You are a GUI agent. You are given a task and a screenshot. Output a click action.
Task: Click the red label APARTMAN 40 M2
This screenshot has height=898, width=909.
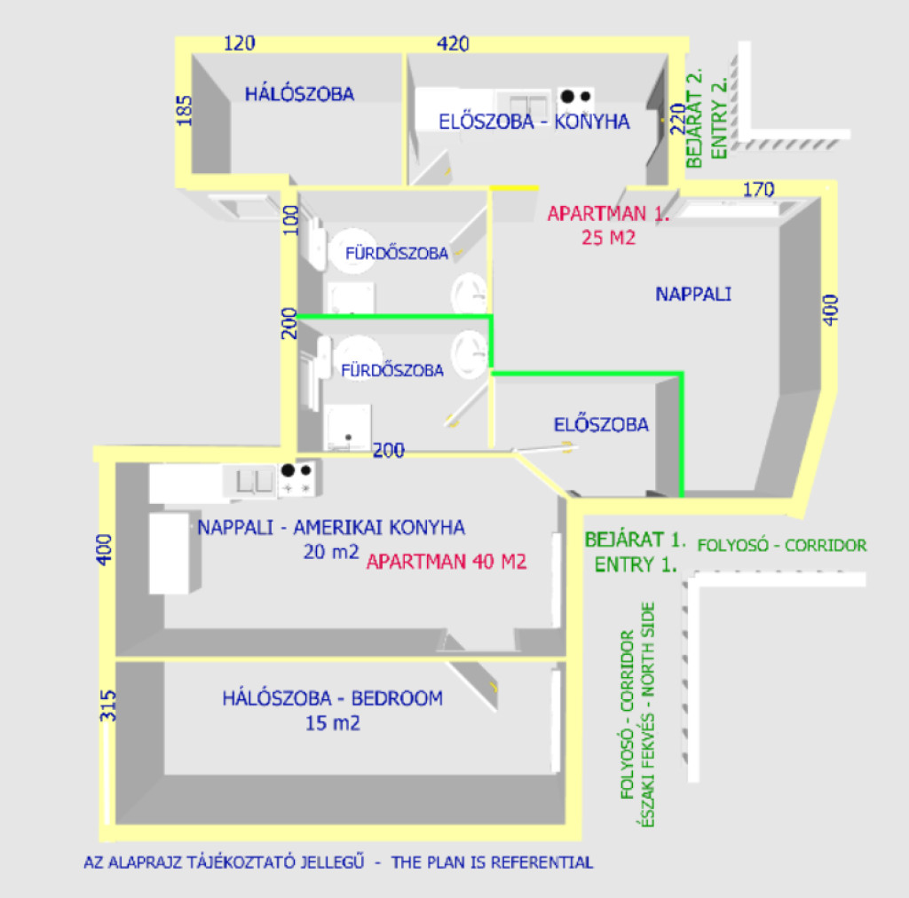447,562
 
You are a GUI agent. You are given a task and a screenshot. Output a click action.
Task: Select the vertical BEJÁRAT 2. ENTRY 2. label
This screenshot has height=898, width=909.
707,119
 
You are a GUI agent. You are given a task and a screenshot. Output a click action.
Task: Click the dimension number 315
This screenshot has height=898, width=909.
108,706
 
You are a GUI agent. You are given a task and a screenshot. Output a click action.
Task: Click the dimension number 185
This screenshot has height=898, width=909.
185,111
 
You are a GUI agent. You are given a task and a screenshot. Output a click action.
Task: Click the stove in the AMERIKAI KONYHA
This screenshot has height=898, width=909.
297,479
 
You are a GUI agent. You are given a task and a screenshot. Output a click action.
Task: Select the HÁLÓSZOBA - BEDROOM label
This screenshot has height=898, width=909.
332,698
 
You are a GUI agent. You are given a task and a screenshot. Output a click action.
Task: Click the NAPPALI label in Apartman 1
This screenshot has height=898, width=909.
693,294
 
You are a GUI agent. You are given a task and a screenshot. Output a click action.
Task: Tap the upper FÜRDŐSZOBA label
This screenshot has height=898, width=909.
397,254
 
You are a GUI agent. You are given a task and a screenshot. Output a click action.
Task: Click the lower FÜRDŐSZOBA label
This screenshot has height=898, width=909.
392,371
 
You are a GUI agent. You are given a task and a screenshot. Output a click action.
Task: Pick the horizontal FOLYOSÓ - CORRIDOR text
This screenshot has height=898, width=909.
782,545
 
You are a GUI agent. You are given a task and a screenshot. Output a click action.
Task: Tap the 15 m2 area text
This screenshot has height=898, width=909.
332,723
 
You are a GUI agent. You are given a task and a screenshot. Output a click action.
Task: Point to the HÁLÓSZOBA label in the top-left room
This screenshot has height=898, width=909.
299,93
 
